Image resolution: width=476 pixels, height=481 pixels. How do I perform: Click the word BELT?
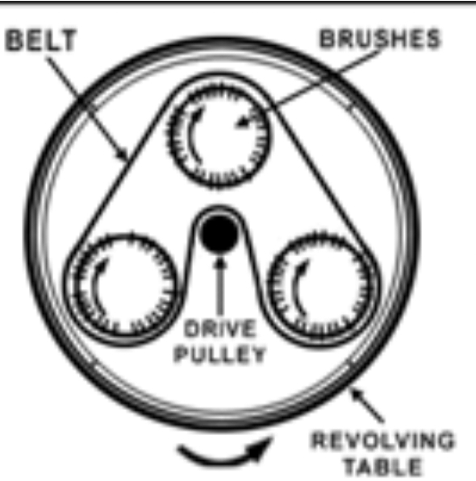click(x=41, y=39)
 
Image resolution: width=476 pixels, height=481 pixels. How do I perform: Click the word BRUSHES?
click(x=380, y=39)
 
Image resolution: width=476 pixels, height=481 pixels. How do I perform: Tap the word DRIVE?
click(x=220, y=328)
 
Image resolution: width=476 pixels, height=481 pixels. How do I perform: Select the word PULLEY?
click(x=219, y=355)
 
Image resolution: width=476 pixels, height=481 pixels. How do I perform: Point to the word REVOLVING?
click(x=382, y=441)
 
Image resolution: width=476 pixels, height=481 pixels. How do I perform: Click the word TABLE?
click(x=382, y=466)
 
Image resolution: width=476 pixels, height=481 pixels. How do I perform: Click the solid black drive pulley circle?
click(x=219, y=233)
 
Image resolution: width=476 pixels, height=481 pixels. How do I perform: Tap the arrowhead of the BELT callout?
click(x=123, y=155)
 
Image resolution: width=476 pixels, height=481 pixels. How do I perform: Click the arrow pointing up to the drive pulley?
click(x=219, y=286)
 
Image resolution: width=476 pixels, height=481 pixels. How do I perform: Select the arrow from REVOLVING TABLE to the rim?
click(x=366, y=404)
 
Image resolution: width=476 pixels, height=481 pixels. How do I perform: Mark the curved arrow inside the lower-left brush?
click(x=96, y=287)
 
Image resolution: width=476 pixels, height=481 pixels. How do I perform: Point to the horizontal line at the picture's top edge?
click(x=238, y=2)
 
